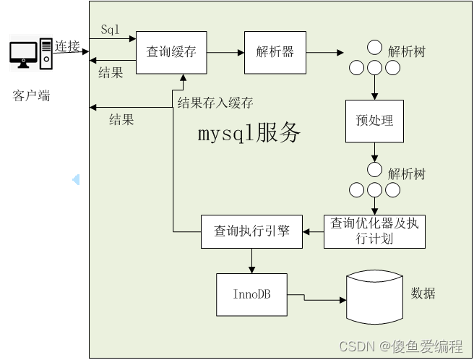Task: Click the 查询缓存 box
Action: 171,52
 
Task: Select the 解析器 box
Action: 275,52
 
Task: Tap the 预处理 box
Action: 374,120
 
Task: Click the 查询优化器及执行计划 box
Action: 374,231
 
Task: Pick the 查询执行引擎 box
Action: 251,231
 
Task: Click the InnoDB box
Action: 251,294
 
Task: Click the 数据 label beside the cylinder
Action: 423,293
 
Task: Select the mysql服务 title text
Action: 249,133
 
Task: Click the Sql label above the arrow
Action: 111,30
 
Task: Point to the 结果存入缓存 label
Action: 215,103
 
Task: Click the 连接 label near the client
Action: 67,46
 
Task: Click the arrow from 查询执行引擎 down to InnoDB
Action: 251,260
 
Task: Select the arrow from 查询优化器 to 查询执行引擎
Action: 313,231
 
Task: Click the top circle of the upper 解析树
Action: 374,48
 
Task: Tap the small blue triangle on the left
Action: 75,179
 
